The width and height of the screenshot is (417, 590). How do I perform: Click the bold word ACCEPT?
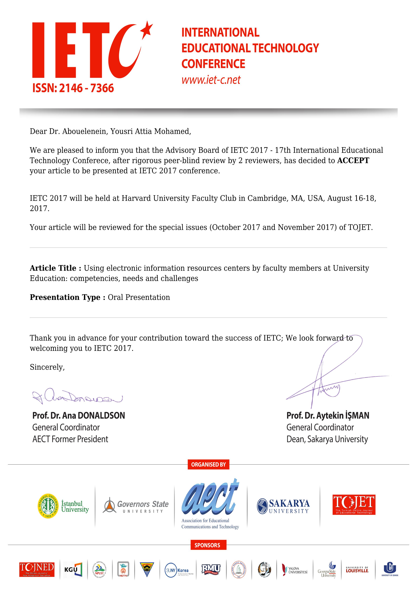point(353,161)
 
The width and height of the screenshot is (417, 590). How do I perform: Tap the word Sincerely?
point(47,367)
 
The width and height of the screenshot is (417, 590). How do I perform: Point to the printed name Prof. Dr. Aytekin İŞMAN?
point(328,416)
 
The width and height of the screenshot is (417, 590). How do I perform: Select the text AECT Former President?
point(70,439)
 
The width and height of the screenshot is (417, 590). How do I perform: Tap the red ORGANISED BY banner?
point(208,464)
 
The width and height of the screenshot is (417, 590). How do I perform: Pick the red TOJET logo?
point(354,505)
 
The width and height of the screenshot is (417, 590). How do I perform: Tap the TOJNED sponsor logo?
point(37,569)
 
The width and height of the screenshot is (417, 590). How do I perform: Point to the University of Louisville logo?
point(357,569)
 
